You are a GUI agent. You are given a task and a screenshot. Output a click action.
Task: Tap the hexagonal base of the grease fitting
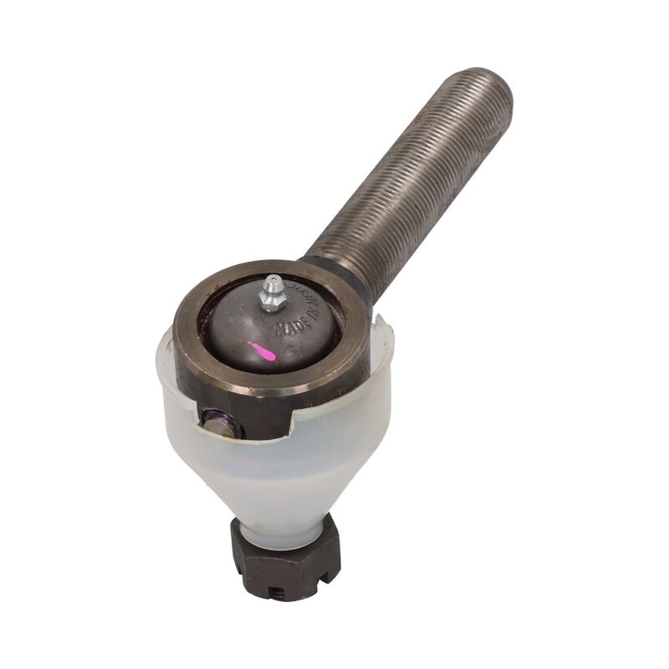[x=269, y=304]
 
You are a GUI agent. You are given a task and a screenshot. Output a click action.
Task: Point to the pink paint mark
[x=262, y=351]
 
